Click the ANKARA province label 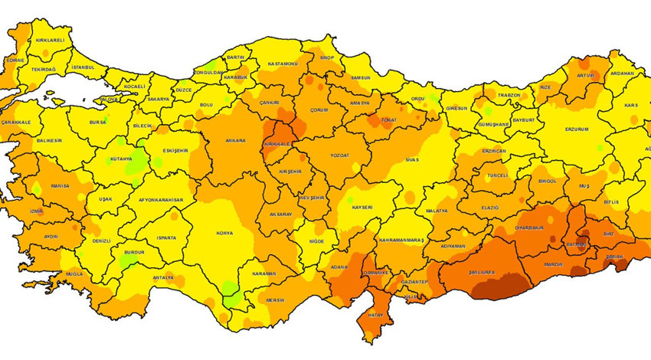point(235,141)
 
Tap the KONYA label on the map point(225,234)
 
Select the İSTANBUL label point(83,67)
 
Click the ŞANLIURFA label point(467,272)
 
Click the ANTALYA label point(163,277)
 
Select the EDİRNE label point(15,60)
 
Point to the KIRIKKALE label point(276,144)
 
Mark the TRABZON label point(509,96)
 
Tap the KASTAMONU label point(282,64)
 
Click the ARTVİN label point(584,77)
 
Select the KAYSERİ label point(362,208)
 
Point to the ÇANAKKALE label point(15,122)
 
